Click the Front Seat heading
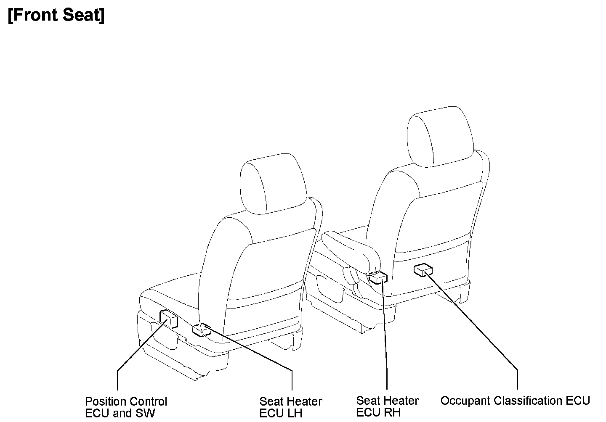click(x=56, y=16)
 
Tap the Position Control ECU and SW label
click(x=126, y=407)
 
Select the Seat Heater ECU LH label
click(x=290, y=407)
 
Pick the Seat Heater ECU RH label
click(x=387, y=406)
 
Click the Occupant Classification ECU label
click(x=515, y=401)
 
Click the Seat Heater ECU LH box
click(x=202, y=330)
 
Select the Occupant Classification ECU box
click(x=423, y=269)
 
